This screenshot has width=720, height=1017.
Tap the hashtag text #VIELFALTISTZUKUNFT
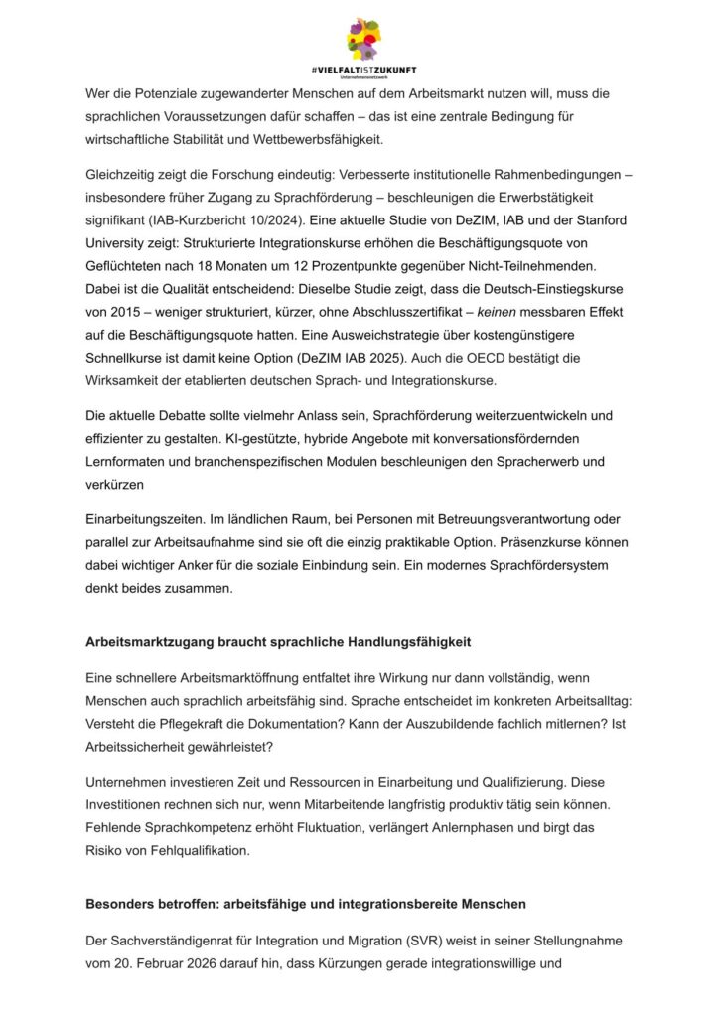tap(362, 70)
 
